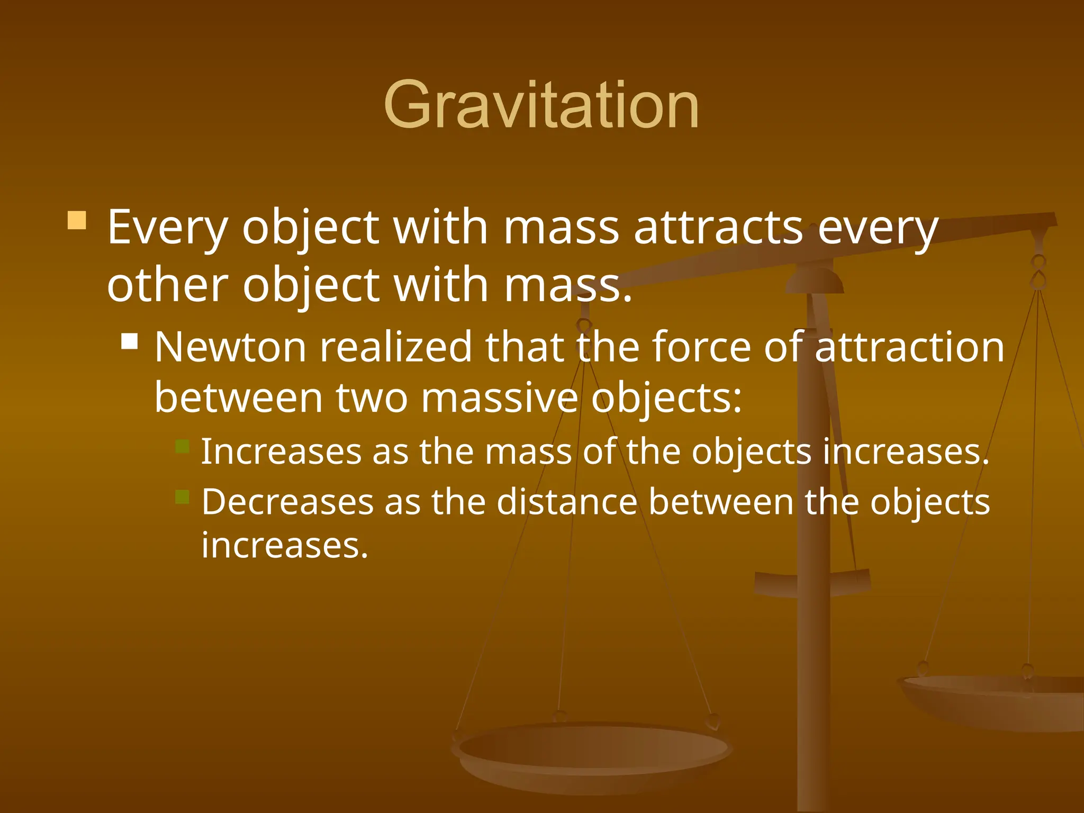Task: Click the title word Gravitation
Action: coord(541,104)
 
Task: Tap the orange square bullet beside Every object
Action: coord(77,220)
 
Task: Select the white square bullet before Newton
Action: coord(130,341)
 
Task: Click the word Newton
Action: coord(230,347)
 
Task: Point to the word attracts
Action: coord(718,228)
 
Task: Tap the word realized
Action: coord(395,347)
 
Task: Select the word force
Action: coord(701,347)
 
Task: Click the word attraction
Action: coord(909,347)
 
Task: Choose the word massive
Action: coord(499,398)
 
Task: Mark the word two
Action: coord(372,398)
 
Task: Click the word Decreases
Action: coord(287,502)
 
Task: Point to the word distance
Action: coord(566,502)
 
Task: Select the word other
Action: coord(167,285)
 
